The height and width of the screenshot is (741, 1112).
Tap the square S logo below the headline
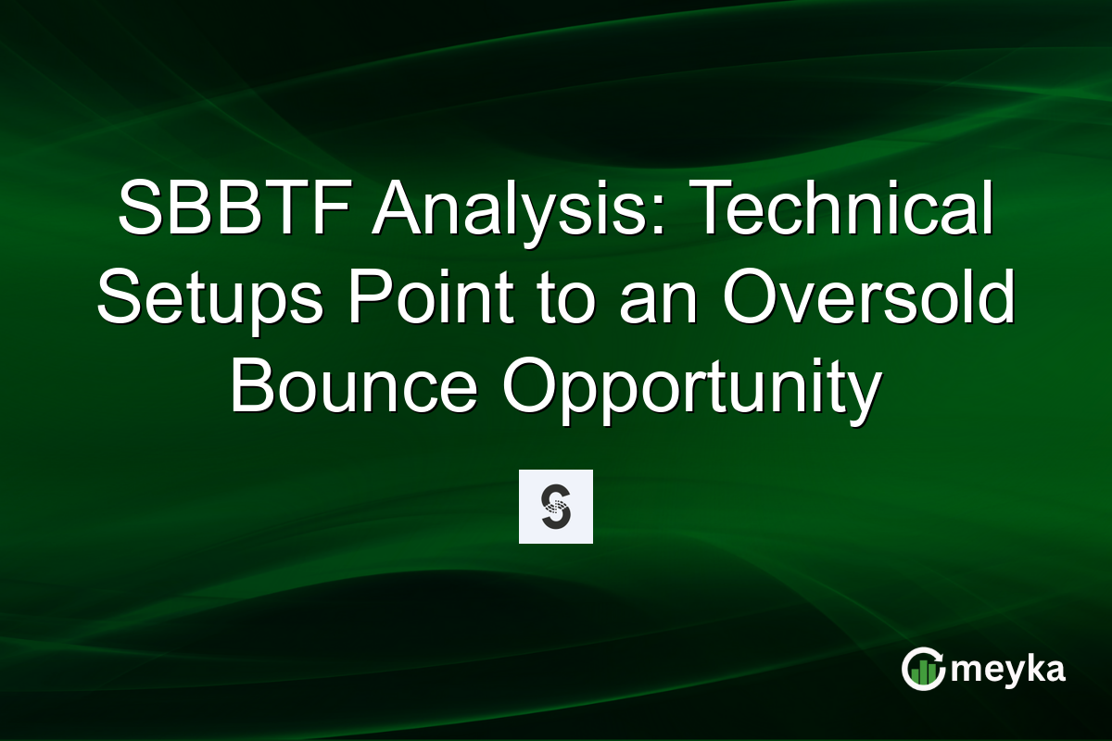(x=555, y=507)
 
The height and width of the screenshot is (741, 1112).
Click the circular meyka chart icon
(x=923, y=669)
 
